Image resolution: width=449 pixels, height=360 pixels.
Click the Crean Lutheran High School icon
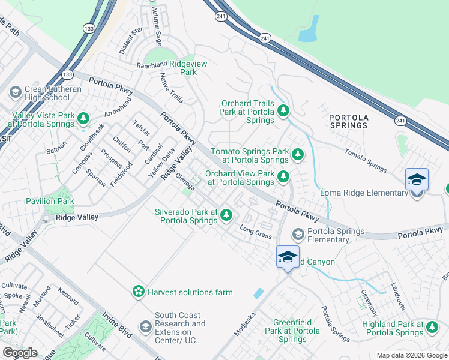tap(15, 92)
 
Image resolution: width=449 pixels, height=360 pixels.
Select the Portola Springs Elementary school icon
tap(297, 233)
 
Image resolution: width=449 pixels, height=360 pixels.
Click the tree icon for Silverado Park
tap(226, 214)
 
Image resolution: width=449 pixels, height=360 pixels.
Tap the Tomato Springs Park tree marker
tap(297, 155)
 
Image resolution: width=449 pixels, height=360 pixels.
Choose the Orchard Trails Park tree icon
tap(283, 110)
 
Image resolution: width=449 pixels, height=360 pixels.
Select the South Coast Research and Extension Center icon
tap(145, 326)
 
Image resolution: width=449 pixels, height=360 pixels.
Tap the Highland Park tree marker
tap(432, 327)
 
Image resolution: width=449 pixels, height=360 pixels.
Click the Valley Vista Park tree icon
tap(83, 118)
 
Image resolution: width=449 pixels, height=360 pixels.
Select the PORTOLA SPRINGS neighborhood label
tap(348, 121)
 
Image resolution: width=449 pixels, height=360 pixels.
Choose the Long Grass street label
tap(255, 232)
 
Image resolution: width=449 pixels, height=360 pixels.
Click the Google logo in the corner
tap(20, 353)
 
